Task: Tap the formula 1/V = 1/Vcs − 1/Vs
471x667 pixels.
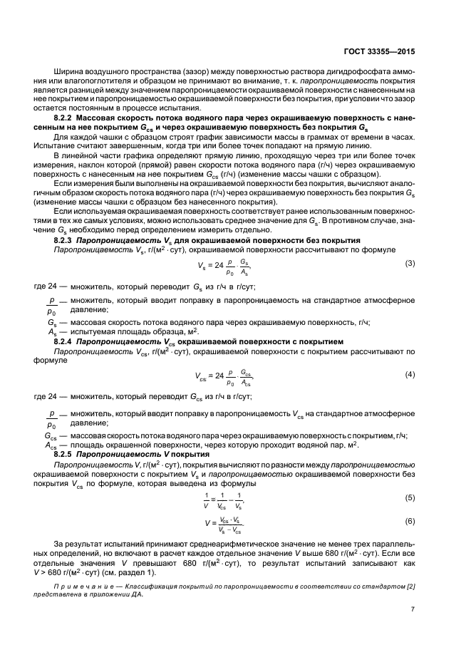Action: (x=223, y=499)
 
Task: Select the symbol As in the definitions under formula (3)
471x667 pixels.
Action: (x=52, y=331)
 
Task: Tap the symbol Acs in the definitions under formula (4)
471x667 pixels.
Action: (x=51, y=445)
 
